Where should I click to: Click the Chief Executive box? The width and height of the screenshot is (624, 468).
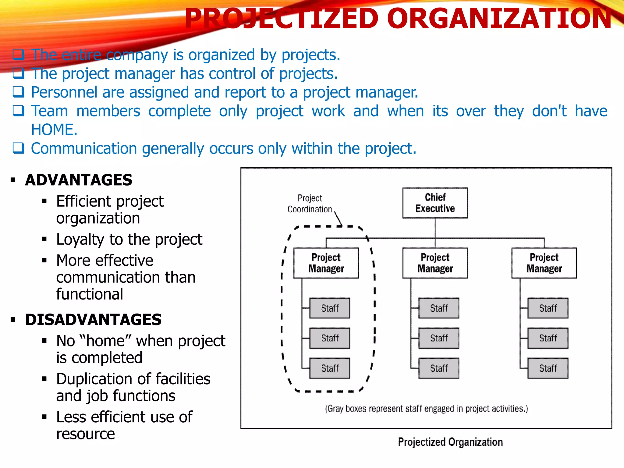[435, 203]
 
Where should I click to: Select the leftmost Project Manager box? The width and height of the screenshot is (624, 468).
[326, 263]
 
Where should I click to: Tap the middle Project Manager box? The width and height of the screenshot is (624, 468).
[435, 263]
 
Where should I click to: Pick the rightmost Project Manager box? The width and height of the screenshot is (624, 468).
[544, 263]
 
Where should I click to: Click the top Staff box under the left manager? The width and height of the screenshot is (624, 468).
[330, 308]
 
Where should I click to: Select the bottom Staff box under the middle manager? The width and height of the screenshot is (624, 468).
[439, 368]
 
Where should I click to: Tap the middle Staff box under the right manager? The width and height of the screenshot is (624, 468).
[548, 338]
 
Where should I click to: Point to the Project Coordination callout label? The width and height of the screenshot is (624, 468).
[310, 204]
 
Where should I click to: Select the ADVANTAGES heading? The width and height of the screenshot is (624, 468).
[79, 180]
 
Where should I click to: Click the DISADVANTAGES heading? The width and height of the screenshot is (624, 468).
[93, 320]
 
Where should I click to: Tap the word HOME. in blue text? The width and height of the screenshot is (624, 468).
[54, 130]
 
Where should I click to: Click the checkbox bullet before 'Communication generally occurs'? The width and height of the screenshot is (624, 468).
[18, 148]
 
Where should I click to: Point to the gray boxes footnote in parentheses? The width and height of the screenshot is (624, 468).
[426, 409]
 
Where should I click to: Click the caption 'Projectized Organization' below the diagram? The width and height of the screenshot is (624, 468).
[450, 442]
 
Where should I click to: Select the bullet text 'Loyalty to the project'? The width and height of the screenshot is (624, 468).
[129, 239]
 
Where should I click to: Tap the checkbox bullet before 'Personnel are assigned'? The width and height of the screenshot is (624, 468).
[18, 92]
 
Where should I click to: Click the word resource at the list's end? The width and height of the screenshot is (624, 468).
[86, 434]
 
